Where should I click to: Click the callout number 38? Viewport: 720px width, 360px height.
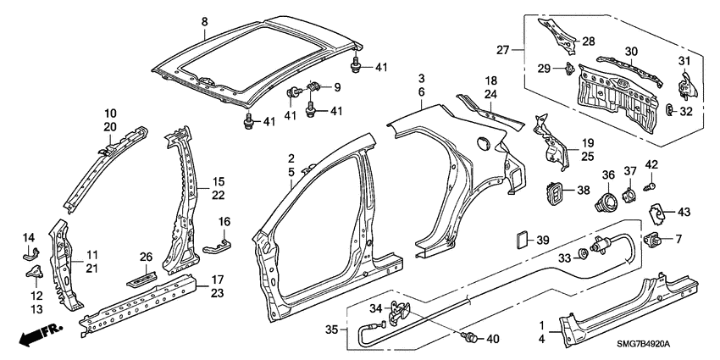pos(583,191)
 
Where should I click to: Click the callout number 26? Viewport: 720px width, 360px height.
pos(147,256)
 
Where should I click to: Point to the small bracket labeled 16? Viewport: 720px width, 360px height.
pos(219,246)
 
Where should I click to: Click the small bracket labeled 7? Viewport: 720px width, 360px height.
pos(655,239)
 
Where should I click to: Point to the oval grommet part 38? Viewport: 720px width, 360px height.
pos(552,193)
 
